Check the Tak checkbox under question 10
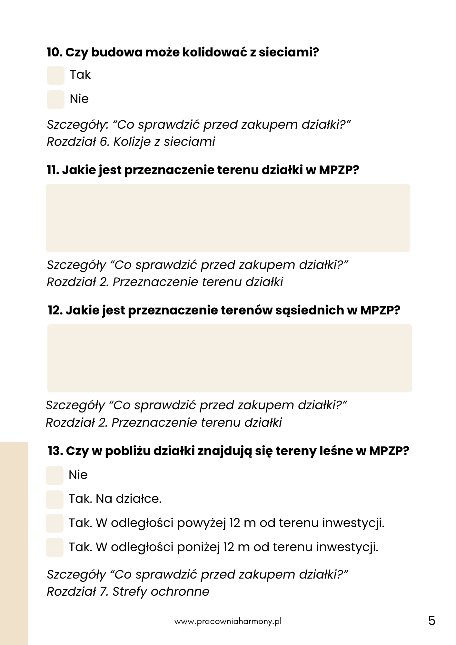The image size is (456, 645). coord(55,75)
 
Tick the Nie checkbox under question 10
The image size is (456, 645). coord(55,99)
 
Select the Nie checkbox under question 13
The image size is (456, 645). coord(55,475)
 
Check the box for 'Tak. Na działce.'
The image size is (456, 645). coord(55,499)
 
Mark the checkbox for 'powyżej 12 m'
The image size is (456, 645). coord(55,523)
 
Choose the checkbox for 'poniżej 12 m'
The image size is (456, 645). coord(55,547)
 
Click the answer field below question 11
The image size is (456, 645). coord(228,218)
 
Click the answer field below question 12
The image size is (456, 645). coord(229,358)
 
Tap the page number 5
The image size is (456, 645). coord(432,621)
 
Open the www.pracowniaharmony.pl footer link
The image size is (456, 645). coord(228,621)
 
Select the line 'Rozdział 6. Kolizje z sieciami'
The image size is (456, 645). coord(131,142)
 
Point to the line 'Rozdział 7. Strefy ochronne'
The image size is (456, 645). coord(128,591)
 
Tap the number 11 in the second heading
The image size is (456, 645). coord(53,170)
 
